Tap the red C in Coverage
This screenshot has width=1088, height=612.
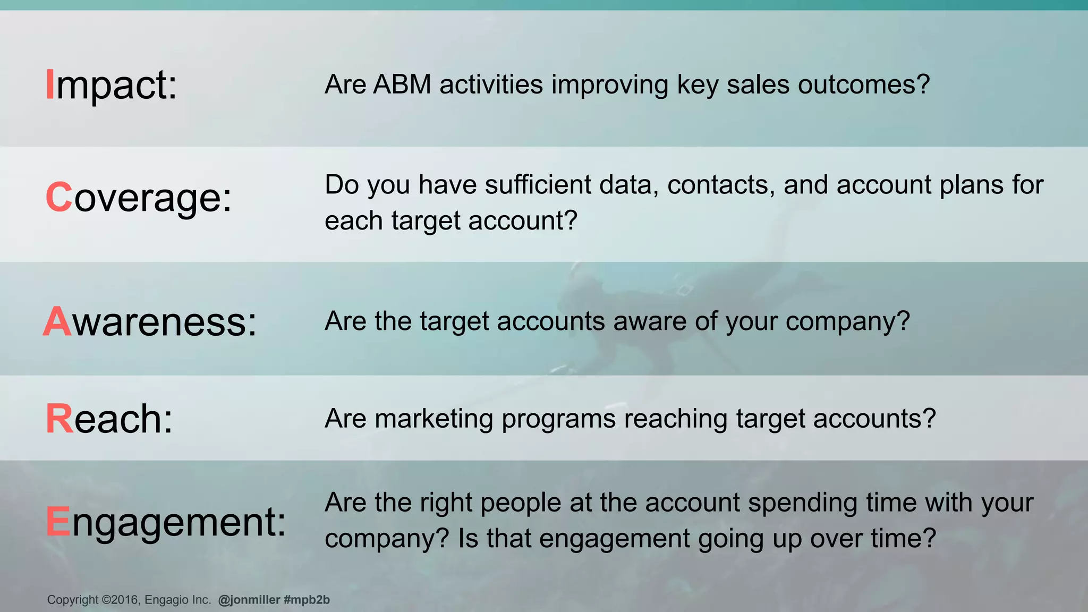pos(58,197)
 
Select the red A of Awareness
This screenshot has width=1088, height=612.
pos(57,321)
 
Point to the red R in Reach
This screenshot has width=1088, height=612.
pos(59,419)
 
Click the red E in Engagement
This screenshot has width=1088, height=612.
pos(58,521)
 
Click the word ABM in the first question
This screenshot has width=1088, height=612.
pos(402,84)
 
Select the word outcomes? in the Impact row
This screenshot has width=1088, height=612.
pos(864,84)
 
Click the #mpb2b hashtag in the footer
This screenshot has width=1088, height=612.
pos(307,600)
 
